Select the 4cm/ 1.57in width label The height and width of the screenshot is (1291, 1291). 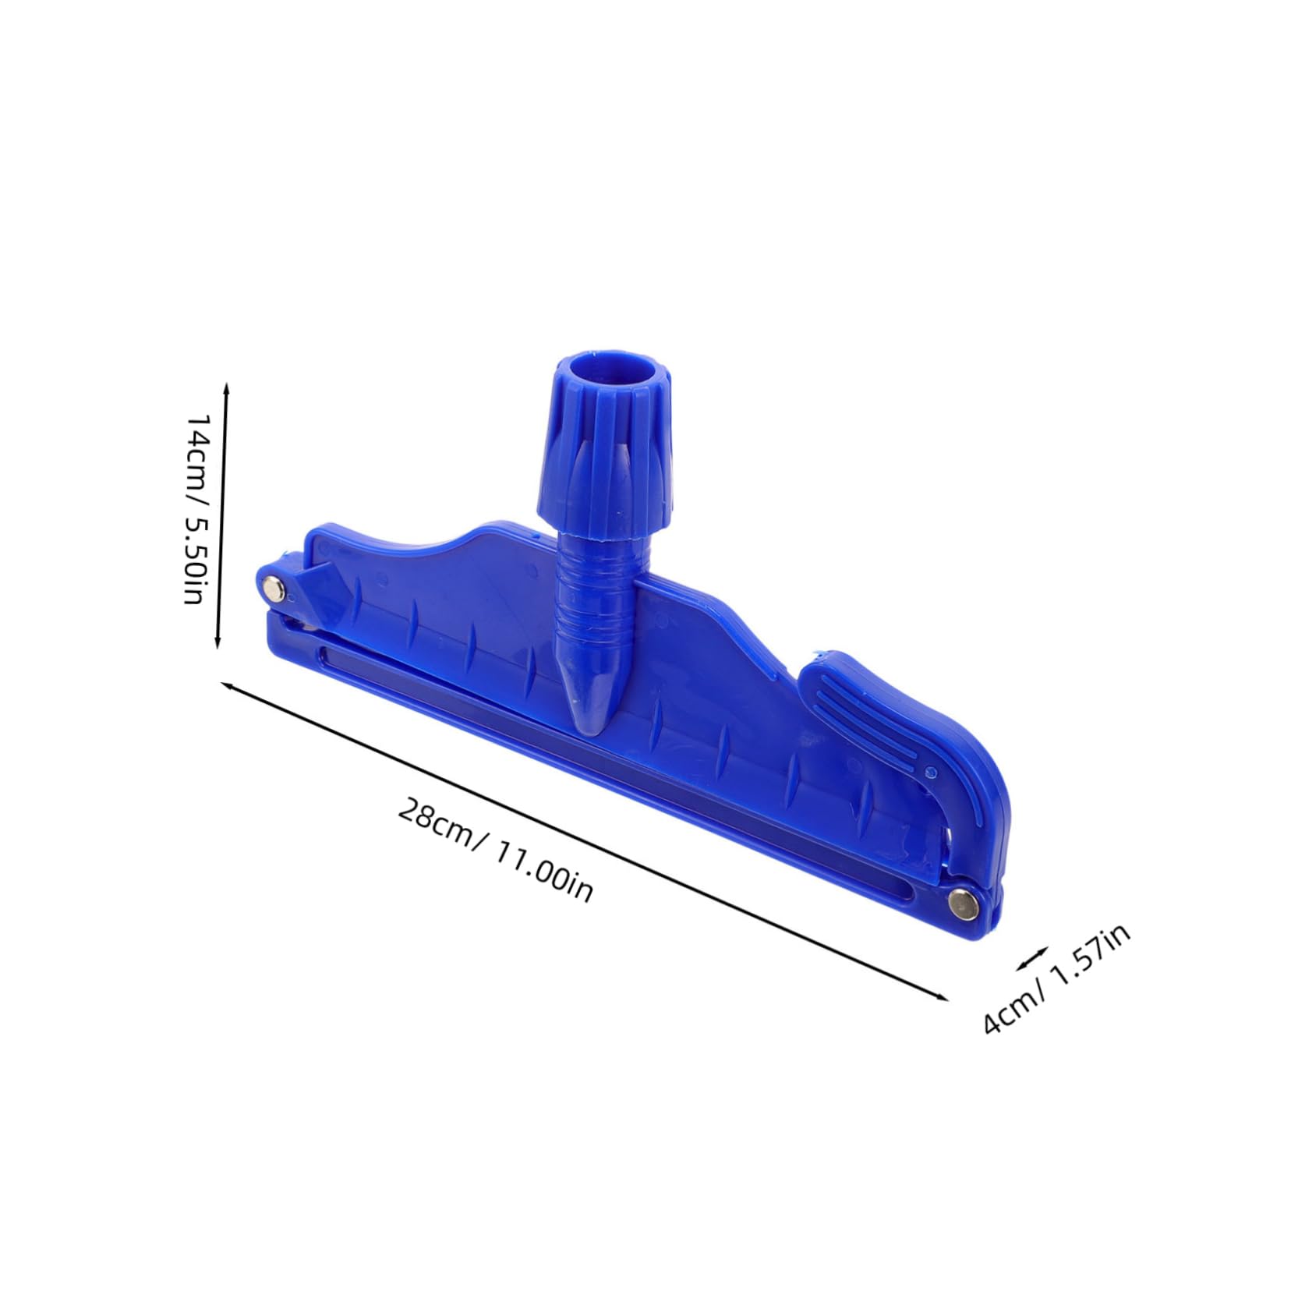(1056, 978)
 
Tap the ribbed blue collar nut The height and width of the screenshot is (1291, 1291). (605, 460)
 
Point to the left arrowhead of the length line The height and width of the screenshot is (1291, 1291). (228, 686)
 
